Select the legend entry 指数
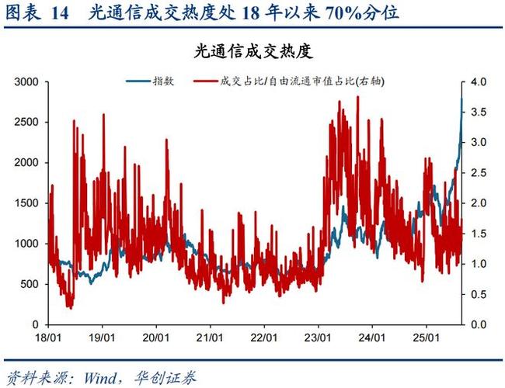pos(163,81)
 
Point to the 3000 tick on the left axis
pos(28,81)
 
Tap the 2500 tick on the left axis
pos(28,122)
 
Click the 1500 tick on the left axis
pos(28,203)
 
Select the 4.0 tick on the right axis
pos(479,81)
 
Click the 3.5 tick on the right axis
pos(479,112)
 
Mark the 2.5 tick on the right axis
pos(479,172)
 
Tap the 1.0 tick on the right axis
pos(479,264)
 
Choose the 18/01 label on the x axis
pos(49,338)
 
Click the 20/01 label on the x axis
pos(157,338)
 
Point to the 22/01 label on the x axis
pos(265,338)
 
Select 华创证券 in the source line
pos(166,378)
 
